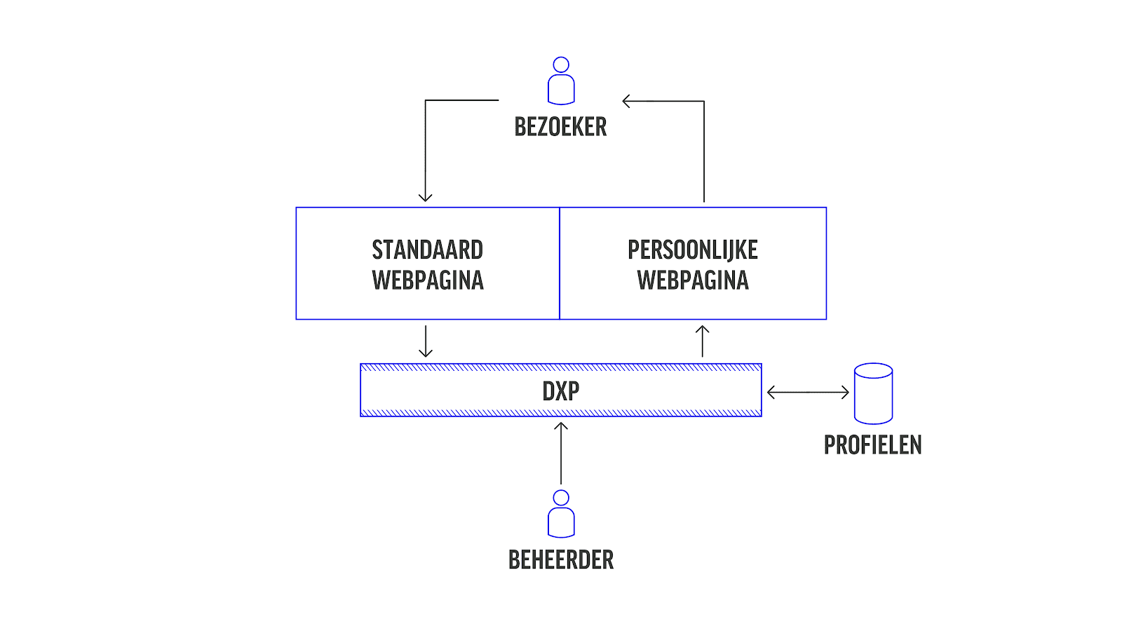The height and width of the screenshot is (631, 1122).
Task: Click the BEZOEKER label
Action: coord(560,127)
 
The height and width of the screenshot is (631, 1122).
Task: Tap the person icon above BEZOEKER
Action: coord(560,81)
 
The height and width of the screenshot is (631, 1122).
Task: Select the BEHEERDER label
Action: coord(560,560)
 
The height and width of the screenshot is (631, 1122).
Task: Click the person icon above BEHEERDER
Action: coord(560,515)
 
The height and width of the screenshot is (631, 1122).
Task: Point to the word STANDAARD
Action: coord(427,250)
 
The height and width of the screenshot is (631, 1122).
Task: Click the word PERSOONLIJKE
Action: coord(692,250)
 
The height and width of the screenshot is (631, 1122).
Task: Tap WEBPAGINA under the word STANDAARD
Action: coord(427,280)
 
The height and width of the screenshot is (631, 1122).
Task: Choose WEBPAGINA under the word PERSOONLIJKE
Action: coord(692,280)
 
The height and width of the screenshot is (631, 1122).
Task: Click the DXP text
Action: coord(560,391)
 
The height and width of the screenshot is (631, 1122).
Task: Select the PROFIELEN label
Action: coord(872,445)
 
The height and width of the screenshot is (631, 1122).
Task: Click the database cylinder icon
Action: coord(873,393)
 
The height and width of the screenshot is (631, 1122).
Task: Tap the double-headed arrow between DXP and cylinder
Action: coord(808,393)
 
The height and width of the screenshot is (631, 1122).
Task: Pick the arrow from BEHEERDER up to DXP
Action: coord(560,452)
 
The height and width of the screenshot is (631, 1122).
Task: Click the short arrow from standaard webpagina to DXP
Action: coord(425,341)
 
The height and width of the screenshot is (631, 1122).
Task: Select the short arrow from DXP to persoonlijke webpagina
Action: coord(702,341)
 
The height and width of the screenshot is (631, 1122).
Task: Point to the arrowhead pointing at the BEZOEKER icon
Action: coord(626,102)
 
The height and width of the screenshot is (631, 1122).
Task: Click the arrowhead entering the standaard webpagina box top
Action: coord(425,197)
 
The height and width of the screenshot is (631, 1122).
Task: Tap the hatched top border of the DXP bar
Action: coord(560,367)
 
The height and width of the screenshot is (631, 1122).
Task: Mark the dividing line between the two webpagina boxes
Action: coord(560,263)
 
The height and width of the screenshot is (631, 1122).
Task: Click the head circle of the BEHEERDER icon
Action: coord(560,498)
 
